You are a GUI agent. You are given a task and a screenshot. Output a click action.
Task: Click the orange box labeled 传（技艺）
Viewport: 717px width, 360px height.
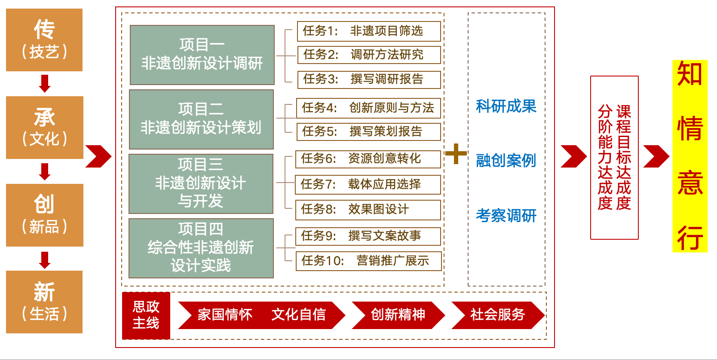(44, 40)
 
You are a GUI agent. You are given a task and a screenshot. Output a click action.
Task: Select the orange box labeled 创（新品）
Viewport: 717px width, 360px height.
(45, 215)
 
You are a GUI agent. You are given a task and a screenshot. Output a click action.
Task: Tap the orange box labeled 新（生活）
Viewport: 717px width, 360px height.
(44, 302)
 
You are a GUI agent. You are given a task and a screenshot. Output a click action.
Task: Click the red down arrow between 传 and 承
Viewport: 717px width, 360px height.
(45, 83)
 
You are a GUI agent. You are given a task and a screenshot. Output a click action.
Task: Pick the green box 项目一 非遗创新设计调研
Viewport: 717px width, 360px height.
(202, 55)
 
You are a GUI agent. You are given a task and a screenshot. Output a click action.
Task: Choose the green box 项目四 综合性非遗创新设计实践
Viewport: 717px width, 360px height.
(201, 248)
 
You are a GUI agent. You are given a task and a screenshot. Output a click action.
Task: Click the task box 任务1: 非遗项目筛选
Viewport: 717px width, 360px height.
(369, 31)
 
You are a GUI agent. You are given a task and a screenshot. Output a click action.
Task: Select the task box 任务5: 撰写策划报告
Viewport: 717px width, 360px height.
(368, 131)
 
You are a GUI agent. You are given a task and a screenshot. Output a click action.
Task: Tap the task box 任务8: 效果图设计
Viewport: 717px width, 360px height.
(368, 210)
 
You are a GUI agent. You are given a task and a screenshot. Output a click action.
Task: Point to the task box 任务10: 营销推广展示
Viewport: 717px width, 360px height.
(368, 261)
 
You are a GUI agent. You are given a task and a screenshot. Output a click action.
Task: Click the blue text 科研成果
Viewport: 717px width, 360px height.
(506, 106)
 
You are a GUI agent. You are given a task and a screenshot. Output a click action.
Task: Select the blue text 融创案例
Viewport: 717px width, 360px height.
(506, 161)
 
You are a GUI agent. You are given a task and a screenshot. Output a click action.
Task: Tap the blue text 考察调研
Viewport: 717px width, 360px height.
(506, 215)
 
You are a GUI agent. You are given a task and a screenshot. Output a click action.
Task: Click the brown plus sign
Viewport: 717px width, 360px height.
(456, 153)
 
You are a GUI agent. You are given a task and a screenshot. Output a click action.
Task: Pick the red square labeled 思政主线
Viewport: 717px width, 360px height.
(146, 315)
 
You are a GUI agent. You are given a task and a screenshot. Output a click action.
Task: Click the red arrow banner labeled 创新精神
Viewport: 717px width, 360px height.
(398, 315)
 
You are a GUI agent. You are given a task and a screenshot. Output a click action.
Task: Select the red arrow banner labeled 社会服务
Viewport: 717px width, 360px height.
(497, 315)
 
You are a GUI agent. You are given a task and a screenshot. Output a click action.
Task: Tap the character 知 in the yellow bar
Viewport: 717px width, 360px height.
(689, 74)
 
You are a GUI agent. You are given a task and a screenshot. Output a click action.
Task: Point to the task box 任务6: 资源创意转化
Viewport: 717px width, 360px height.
(368, 159)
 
